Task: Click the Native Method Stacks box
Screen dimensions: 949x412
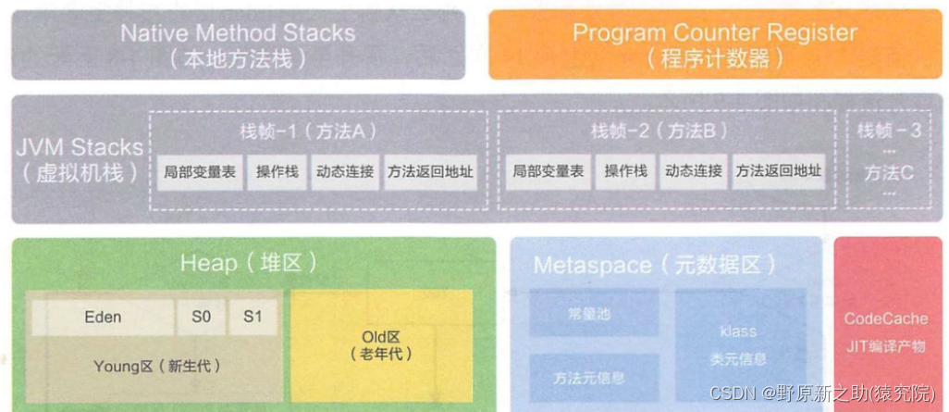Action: [238, 44]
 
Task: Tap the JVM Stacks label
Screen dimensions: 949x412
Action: [80, 159]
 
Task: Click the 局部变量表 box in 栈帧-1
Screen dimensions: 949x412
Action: [199, 171]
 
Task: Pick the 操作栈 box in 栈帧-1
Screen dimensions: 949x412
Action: [277, 171]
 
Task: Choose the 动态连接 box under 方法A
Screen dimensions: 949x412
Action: [344, 171]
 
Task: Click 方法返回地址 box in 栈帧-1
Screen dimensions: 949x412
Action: [430, 171]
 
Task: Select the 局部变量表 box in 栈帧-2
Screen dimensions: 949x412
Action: [548, 171]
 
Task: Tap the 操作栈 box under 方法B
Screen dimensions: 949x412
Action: [625, 171]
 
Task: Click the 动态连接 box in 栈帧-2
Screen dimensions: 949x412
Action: [693, 171]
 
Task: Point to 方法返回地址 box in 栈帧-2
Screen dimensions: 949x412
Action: [778, 171]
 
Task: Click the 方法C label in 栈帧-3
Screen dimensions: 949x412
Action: [888, 172]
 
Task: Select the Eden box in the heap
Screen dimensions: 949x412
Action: [102, 317]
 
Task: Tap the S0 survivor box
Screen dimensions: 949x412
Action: [201, 317]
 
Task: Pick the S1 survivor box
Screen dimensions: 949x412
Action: [253, 317]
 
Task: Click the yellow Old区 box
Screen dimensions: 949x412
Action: [381, 344]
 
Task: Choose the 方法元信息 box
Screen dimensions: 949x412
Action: [588, 378]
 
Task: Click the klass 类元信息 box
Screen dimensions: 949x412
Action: [738, 344]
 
